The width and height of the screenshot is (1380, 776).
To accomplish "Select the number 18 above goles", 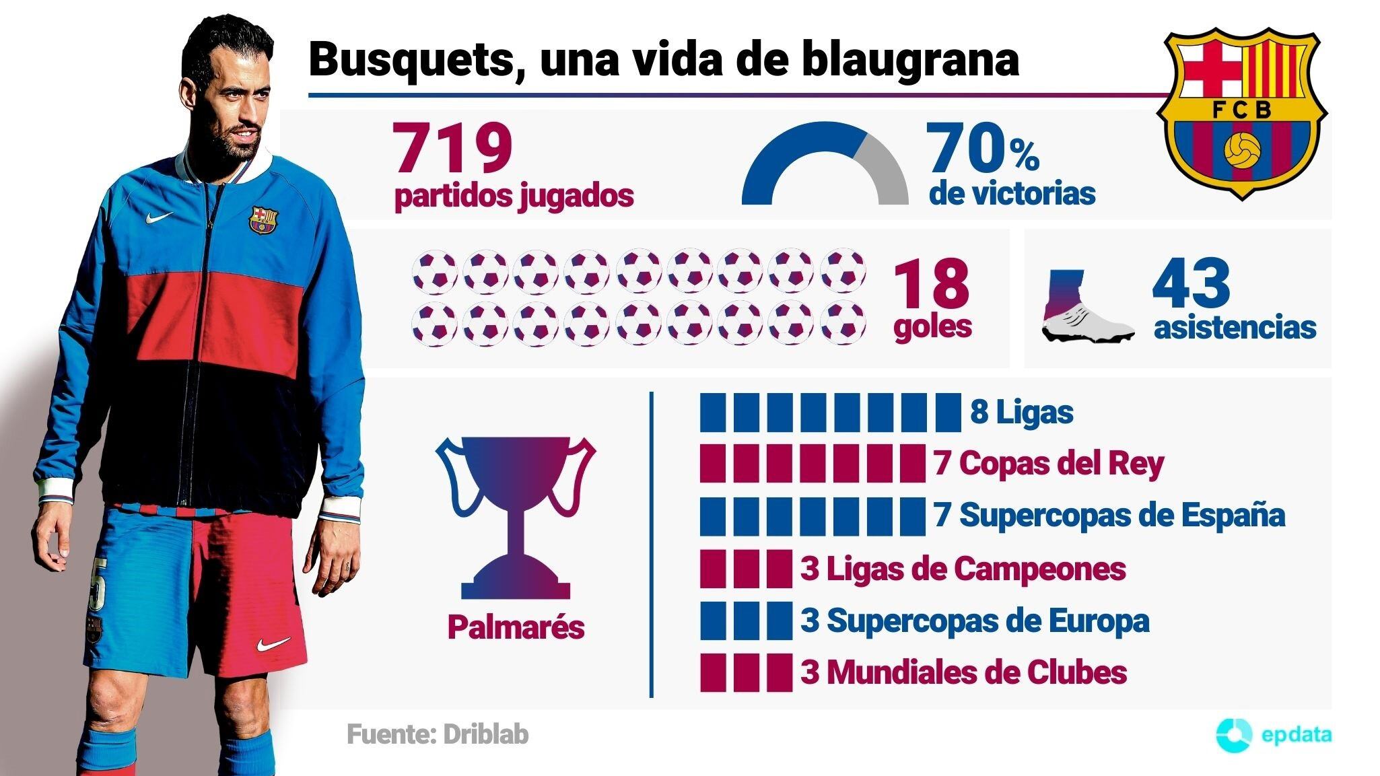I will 932,284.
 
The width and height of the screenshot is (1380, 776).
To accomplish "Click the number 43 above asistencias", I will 1191,283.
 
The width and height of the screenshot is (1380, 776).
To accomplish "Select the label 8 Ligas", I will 1021,412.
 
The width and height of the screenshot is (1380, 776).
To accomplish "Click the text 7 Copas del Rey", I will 1049,464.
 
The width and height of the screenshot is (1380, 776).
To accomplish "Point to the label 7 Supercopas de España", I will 1109,515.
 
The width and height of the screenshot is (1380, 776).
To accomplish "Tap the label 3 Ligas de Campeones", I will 963,568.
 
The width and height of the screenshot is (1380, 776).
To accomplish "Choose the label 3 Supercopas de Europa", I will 974,621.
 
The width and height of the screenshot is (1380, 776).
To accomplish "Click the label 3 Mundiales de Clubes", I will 963,672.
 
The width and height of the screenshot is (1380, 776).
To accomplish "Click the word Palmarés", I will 516,627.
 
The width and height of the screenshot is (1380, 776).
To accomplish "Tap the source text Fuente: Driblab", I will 438,734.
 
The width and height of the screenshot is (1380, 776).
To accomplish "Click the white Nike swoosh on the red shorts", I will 273,644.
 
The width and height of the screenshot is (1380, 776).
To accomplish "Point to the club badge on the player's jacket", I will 263,220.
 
